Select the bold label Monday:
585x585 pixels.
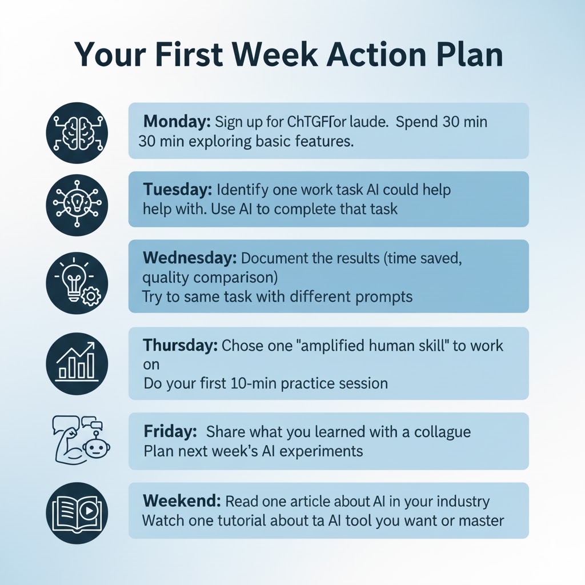pyautogui.click(x=178, y=122)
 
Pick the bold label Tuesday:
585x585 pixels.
pyautogui.click(x=178, y=189)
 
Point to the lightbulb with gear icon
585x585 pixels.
pyautogui.click(x=77, y=280)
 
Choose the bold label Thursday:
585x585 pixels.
pyautogui.click(x=180, y=346)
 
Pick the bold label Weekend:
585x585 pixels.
pyautogui.click(x=181, y=502)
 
